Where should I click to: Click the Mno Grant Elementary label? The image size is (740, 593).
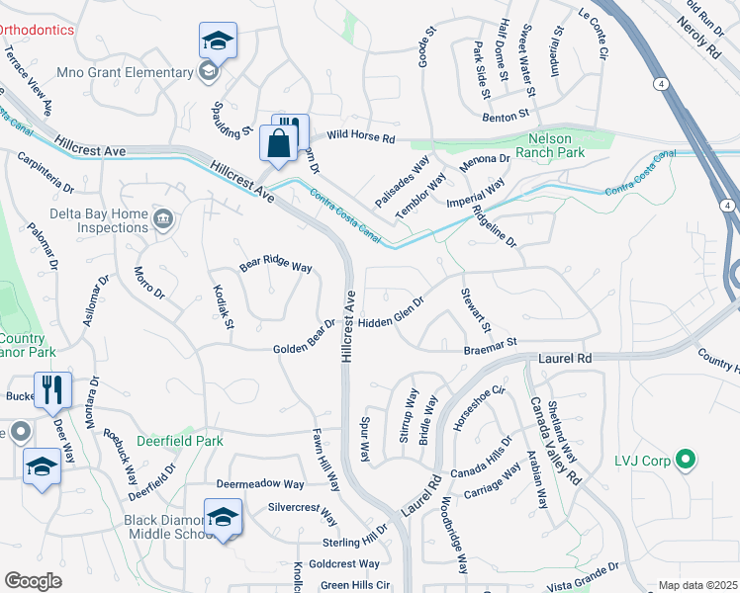pos(125,72)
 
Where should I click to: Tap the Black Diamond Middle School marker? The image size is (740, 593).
pos(223,517)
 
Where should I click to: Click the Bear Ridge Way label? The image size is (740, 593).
pos(276,267)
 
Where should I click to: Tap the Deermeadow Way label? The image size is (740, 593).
pos(260,484)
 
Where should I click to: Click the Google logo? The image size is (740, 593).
pos(33,580)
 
